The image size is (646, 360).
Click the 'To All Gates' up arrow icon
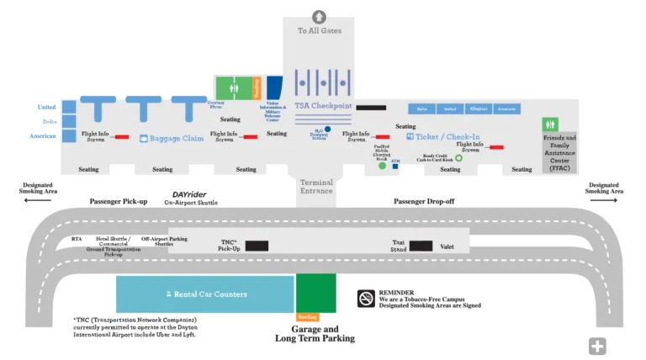[319, 16]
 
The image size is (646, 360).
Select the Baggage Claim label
[177, 138]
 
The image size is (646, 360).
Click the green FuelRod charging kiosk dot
[382, 166]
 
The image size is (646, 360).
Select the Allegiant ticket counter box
[478, 109]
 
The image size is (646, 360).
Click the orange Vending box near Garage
[308, 317]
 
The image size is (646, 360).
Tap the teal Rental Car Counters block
[204, 294]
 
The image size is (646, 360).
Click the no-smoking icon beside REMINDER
[366, 299]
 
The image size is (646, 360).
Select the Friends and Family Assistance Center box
[559, 151]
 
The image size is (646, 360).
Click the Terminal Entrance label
[316, 187]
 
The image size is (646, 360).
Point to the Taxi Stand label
[399, 245]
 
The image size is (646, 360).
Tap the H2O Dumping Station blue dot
[327, 130]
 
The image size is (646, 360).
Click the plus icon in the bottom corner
[597, 346]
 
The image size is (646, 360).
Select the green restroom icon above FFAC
[550, 124]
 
